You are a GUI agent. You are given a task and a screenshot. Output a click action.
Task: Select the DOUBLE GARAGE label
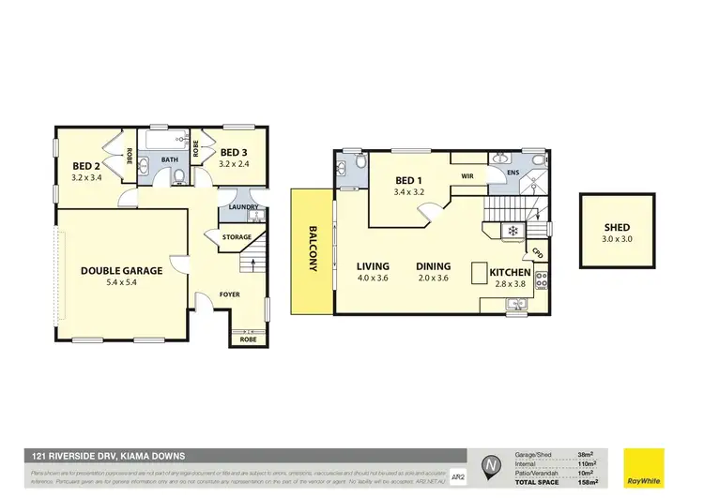(x=121, y=270)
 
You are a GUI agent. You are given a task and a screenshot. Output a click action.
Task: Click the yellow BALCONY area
(x=310, y=251)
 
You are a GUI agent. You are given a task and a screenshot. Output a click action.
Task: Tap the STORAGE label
(x=236, y=237)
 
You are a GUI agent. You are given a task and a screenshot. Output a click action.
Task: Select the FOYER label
(x=230, y=294)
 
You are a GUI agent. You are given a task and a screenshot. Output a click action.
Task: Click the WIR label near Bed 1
(x=467, y=175)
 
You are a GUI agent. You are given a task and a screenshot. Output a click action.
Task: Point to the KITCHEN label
(x=511, y=272)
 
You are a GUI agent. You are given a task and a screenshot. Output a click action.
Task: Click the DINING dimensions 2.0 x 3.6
(x=434, y=279)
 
